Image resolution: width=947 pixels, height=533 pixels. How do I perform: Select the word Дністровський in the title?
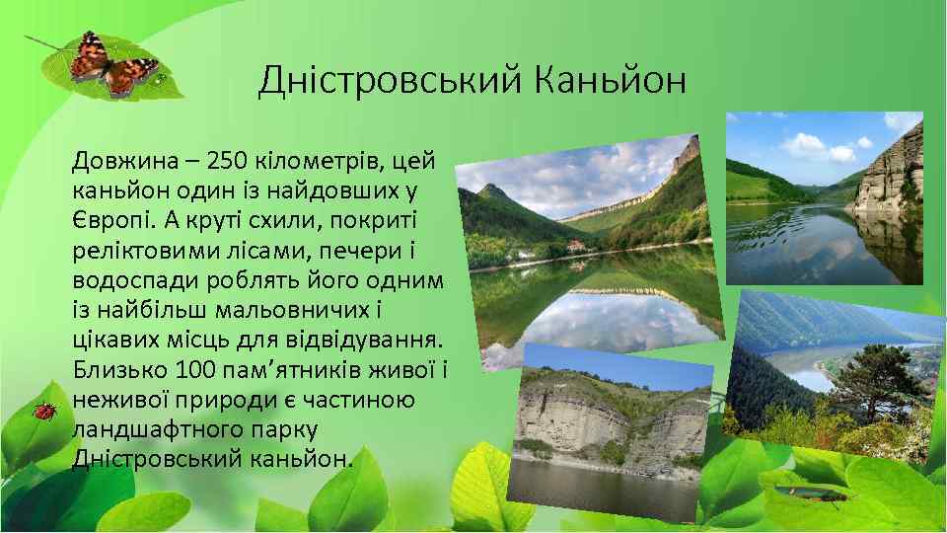pos(391,81)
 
